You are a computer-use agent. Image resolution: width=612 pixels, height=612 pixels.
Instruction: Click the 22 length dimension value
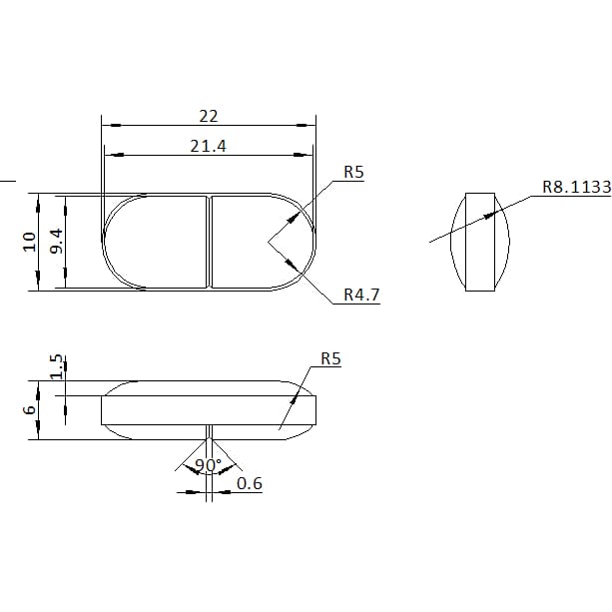tap(209, 117)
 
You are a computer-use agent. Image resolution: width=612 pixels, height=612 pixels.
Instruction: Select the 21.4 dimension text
tap(208, 147)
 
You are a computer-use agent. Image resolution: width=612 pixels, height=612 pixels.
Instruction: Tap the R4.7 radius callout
tap(361, 295)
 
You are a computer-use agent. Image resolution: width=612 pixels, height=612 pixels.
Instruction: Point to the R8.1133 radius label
tap(576, 187)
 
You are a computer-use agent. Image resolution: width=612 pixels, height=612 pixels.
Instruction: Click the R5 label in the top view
tap(353, 172)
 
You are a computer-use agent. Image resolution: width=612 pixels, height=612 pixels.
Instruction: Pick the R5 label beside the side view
tap(330, 358)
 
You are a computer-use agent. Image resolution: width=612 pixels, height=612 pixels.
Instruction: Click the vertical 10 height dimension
tap(30, 242)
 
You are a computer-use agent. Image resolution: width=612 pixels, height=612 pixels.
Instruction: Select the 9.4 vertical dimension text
tap(57, 242)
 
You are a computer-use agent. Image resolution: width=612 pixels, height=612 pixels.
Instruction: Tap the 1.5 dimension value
tap(57, 366)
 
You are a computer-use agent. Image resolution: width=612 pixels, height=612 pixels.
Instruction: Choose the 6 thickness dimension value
tap(30, 410)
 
